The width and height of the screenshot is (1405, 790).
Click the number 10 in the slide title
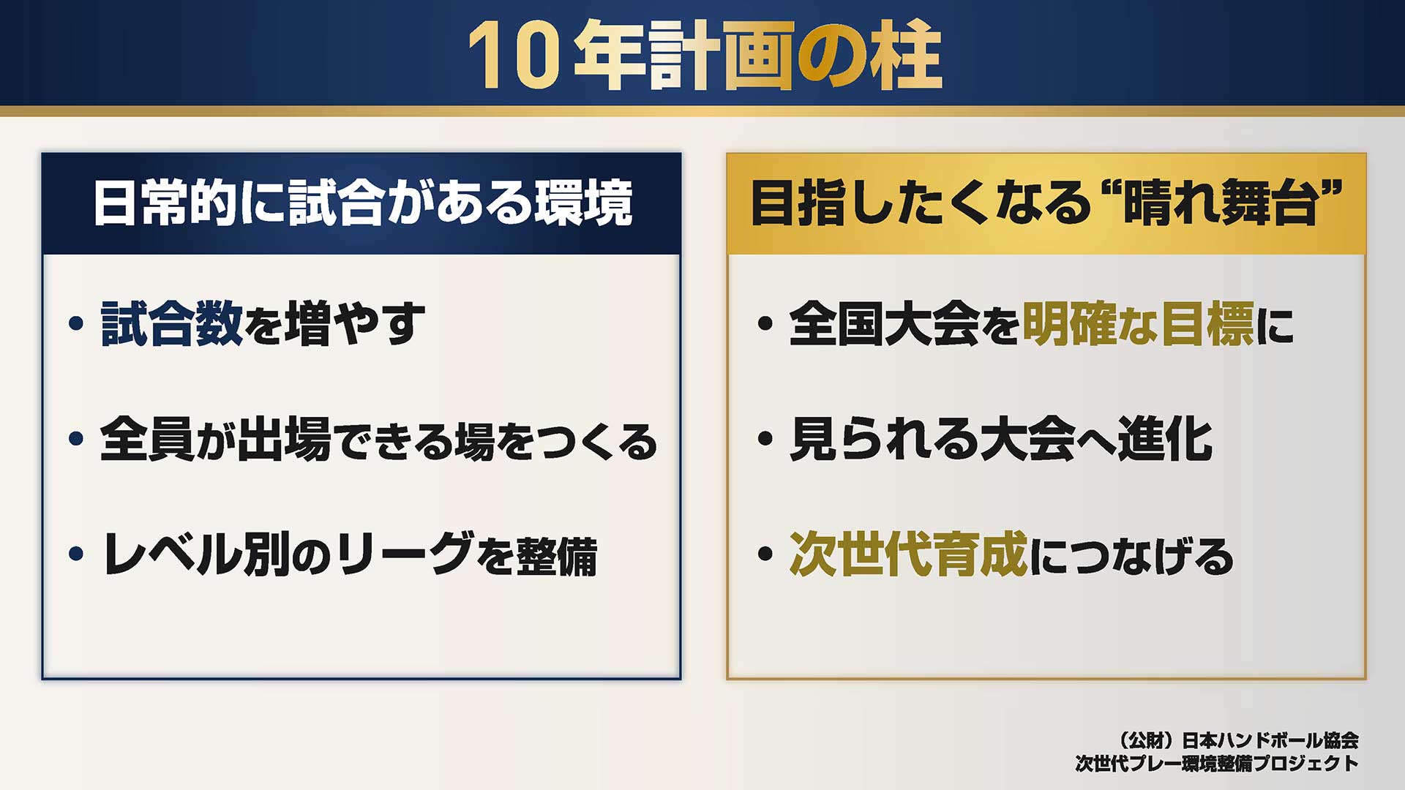click(515, 56)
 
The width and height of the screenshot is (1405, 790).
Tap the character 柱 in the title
click(906, 56)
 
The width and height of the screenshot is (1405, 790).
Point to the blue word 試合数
click(172, 323)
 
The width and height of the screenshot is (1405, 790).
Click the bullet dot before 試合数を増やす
click(76, 323)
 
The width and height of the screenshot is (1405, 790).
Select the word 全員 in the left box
click(146, 439)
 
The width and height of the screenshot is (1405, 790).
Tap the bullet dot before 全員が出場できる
click(76, 438)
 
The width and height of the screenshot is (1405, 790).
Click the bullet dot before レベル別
click(76, 554)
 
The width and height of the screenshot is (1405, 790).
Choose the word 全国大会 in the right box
click(884, 323)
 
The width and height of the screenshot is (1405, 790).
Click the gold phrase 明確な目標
click(1138, 323)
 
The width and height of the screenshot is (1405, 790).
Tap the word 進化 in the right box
click(1165, 439)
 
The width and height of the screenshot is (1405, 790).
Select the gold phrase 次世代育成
click(909, 554)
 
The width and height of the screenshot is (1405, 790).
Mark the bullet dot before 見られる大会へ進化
click(765, 438)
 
